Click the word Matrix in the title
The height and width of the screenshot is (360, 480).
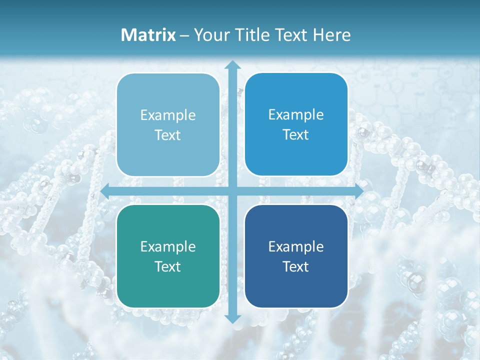tap(148, 35)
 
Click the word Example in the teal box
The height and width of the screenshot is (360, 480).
tap(168, 246)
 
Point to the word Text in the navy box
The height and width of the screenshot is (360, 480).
tap(296, 266)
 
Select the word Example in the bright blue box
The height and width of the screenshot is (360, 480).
tap(296, 114)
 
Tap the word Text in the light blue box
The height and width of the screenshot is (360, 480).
tap(168, 135)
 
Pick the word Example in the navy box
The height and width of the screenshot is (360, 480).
tap(296, 246)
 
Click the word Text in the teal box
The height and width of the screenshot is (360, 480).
tap(168, 266)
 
